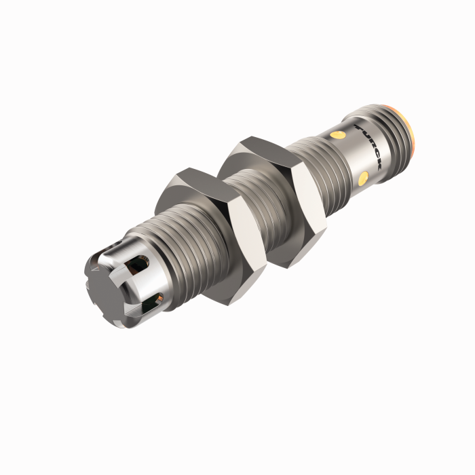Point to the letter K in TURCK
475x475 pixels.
(378, 166)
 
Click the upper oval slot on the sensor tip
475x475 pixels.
(142, 261)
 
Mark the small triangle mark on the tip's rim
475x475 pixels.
(97, 268)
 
